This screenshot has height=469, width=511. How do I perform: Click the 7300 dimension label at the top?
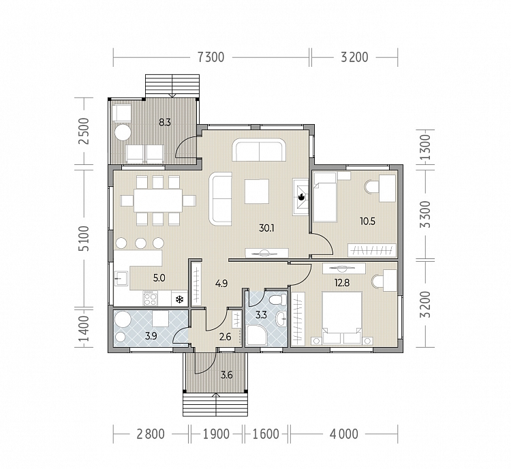click(x=211, y=57)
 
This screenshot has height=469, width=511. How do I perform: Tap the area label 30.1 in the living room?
click(x=266, y=228)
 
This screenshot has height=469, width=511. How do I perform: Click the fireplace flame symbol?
click(x=300, y=197)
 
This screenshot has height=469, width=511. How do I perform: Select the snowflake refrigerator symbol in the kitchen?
click(x=179, y=299)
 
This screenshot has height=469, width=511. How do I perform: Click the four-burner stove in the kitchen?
click(x=150, y=299)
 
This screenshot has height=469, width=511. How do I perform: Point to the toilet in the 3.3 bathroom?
click(x=279, y=299)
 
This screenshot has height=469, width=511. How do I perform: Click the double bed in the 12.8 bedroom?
click(x=342, y=318)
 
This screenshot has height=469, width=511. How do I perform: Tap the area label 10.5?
click(x=367, y=222)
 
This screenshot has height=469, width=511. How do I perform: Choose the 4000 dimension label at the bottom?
click(x=343, y=434)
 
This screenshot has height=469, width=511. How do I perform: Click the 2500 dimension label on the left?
click(x=83, y=131)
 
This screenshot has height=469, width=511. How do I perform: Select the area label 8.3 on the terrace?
click(x=165, y=123)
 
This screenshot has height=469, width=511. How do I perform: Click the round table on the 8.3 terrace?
click(x=122, y=132)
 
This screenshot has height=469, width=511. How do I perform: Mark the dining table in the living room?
click(x=158, y=200)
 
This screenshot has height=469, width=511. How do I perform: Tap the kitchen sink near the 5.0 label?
click(x=121, y=278)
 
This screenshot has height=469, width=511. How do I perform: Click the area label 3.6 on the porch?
click(x=226, y=375)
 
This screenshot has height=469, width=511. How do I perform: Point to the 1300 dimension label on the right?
click(x=425, y=147)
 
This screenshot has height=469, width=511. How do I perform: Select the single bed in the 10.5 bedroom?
click(x=324, y=197)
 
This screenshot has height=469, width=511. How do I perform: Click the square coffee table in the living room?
click(x=257, y=191)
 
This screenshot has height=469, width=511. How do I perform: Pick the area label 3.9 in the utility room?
click(x=151, y=335)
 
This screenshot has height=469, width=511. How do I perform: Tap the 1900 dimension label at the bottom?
click(x=216, y=434)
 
